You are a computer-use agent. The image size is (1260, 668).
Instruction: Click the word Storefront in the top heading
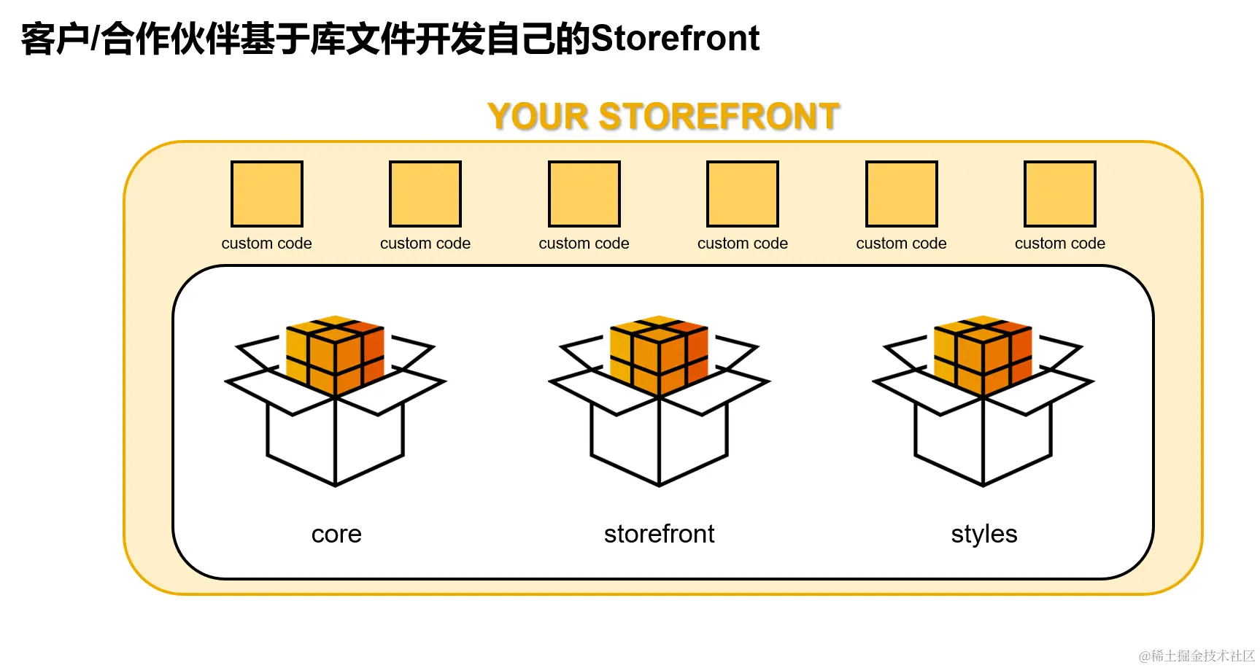[675, 38]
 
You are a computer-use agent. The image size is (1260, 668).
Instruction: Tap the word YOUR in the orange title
[538, 117]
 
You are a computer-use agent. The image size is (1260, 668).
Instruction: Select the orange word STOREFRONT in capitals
[719, 117]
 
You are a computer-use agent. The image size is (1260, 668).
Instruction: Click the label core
[336, 534]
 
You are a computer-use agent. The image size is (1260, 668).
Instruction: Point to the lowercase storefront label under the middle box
[659, 534]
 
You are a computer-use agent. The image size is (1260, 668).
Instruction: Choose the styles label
[983, 534]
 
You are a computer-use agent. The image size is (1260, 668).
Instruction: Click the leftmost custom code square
[267, 194]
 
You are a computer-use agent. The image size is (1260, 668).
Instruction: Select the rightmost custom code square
[1060, 194]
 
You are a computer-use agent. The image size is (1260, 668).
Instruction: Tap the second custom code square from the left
[425, 194]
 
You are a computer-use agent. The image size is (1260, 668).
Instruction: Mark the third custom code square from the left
[584, 194]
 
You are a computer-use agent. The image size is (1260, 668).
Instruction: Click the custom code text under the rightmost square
[1060, 244]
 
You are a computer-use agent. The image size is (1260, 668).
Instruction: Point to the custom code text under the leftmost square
[267, 244]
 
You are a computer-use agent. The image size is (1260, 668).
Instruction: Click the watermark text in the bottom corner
[1196, 656]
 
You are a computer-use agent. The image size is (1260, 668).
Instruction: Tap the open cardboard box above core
[335, 438]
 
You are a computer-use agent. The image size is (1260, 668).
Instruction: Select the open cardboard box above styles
[983, 438]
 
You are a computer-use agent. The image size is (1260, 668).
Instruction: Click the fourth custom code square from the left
[743, 194]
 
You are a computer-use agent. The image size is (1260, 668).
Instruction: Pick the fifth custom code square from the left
[902, 194]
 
